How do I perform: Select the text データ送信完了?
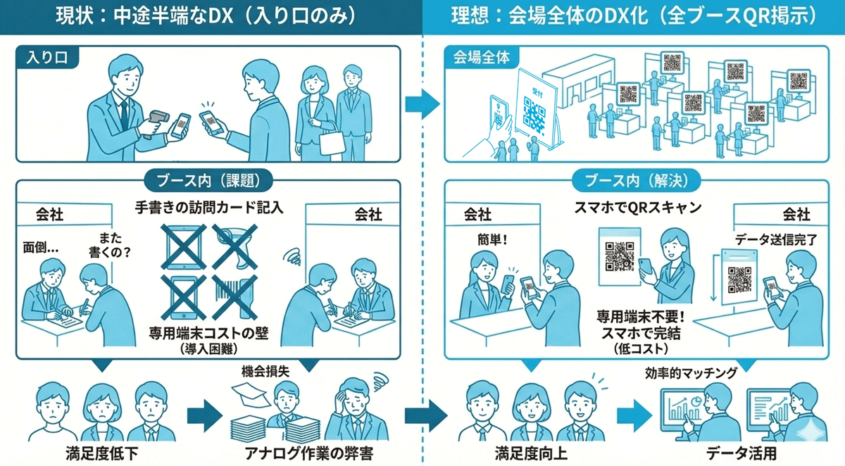[775, 239]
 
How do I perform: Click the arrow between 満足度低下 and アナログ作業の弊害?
[201, 415]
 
